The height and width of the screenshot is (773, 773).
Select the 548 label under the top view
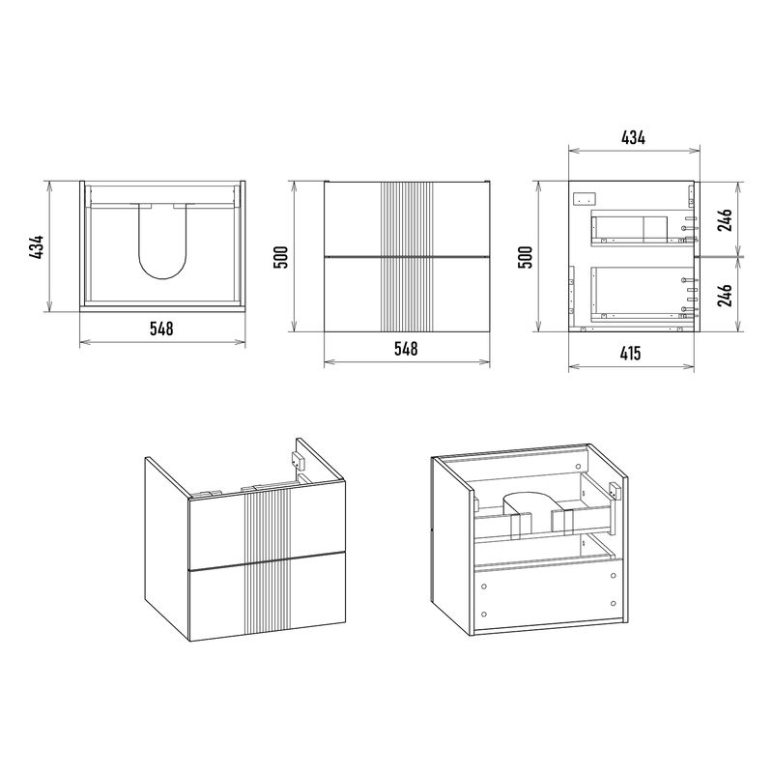(x=161, y=329)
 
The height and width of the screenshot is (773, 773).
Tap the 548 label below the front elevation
(x=406, y=349)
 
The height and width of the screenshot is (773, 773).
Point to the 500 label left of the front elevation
(x=280, y=257)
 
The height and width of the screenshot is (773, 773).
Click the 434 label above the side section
(x=633, y=137)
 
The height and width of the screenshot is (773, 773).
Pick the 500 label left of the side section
(x=527, y=257)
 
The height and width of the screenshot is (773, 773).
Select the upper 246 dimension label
(x=725, y=220)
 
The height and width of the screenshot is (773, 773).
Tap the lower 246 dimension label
(x=725, y=295)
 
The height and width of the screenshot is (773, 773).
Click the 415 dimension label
(x=630, y=354)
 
